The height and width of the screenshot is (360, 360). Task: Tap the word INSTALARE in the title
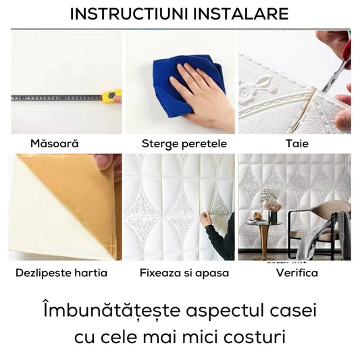click(x=240, y=14)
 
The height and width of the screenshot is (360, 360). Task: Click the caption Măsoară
click(x=55, y=143)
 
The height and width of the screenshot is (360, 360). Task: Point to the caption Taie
click(x=297, y=144)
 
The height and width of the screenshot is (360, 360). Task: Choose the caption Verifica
click(x=297, y=273)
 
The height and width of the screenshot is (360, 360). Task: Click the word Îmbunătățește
click(x=112, y=311)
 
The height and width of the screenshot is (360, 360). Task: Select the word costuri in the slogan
click(x=255, y=337)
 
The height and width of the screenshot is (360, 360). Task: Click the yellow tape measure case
click(x=112, y=96)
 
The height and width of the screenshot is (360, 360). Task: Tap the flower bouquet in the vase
click(x=271, y=201)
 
